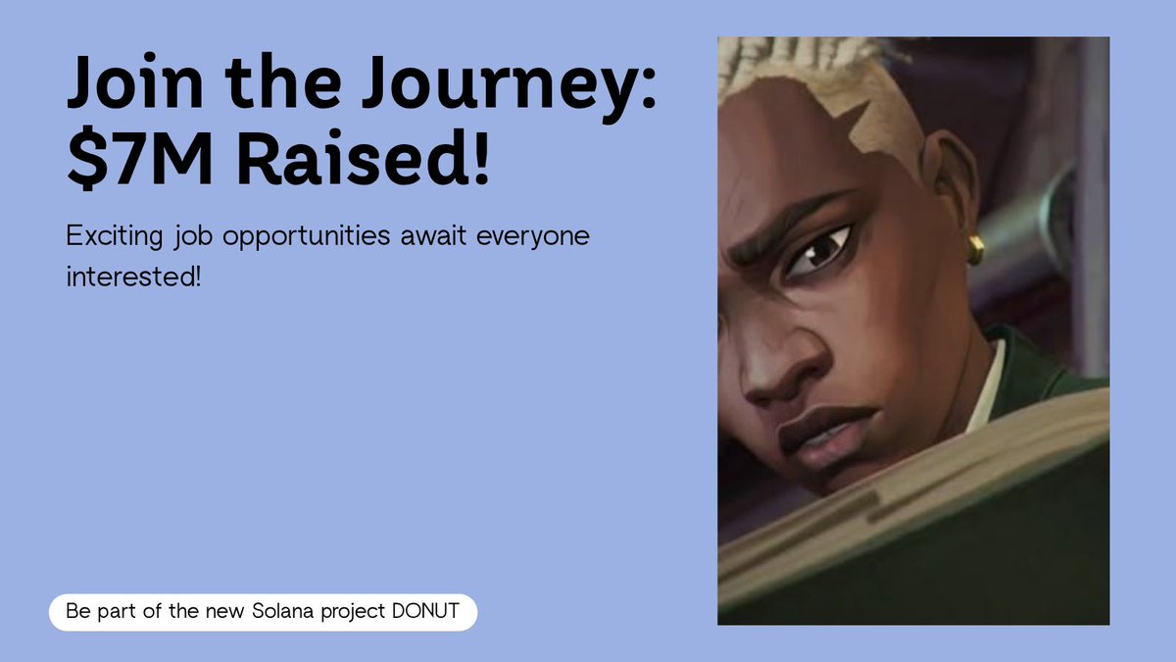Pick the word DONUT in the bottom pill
pos(425,611)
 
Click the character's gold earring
pos(975,249)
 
